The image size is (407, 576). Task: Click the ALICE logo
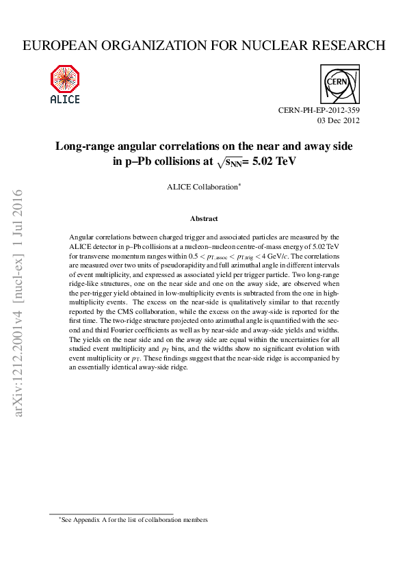point(65,84)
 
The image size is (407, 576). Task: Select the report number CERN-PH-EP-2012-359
point(319,111)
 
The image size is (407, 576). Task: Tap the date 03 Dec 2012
point(339,121)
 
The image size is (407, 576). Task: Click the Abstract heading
point(204,219)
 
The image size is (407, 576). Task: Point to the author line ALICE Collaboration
point(203,187)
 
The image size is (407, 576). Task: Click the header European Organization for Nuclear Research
point(204,46)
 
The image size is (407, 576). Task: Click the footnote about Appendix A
point(133,520)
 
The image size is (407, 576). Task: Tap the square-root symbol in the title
point(219,162)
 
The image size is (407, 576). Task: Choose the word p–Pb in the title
point(131,162)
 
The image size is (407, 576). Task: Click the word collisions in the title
point(172,162)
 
